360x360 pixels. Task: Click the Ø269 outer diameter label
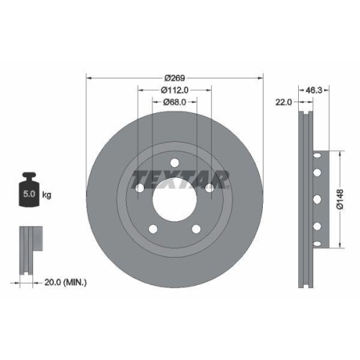pyautogui.click(x=174, y=77)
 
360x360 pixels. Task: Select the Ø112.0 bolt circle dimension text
pyautogui.click(x=174, y=90)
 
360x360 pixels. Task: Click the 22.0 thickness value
pyautogui.click(x=284, y=103)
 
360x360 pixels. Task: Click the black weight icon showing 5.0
pyautogui.click(x=29, y=190)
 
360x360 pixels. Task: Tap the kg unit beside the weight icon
pyautogui.click(x=47, y=195)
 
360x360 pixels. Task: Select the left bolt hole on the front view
pyautogui.click(x=140, y=188)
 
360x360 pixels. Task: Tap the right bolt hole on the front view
pyautogui.click(x=209, y=188)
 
